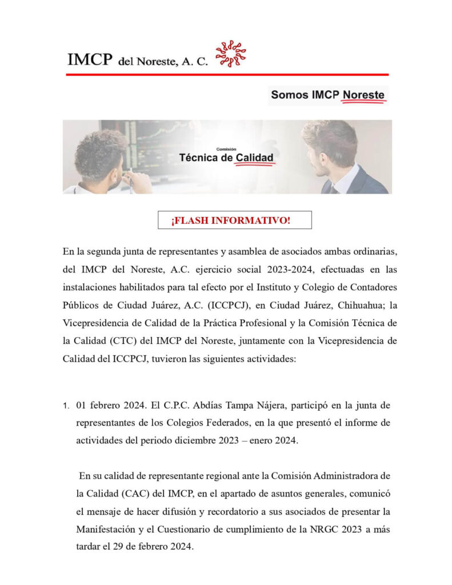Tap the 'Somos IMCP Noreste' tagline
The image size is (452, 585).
click(x=327, y=95)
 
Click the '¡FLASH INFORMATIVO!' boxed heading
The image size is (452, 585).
click(x=231, y=221)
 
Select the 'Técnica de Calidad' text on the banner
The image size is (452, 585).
click(x=226, y=157)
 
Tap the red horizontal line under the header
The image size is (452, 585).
click(x=226, y=74)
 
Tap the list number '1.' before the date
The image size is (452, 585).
click(x=66, y=406)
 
